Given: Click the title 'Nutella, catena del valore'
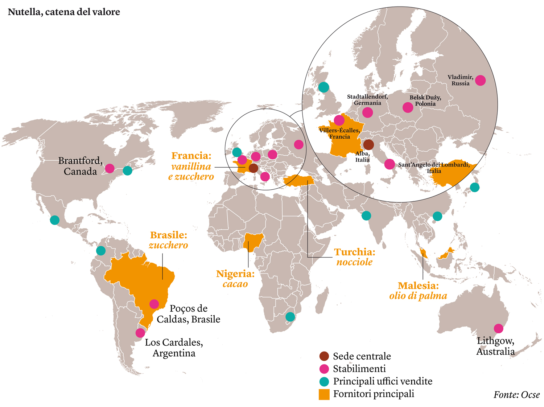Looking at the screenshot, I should (x=64, y=12).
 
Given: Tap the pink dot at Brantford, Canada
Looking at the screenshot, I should (x=110, y=168).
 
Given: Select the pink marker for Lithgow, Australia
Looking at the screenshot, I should (x=498, y=328).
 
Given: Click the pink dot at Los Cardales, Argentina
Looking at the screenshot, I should (x=140, y=333).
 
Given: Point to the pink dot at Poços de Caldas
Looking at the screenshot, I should (x=154, y=304).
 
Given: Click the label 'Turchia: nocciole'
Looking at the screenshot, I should (x=354, y=257).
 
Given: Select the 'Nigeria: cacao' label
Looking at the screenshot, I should (x=235, y=279).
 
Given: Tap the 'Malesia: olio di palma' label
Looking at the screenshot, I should (x=418, y=291).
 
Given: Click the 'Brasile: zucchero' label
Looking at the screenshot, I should (x=168, y=240).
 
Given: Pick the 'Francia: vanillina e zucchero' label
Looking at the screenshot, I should (x=191, y=166).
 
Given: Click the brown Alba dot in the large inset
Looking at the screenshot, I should (x=368, y=145).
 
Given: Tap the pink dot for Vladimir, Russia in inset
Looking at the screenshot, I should (x=480, y=80).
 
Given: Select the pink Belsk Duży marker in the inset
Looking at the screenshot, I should (x=408, y=107).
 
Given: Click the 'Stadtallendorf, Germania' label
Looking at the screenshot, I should (x=367, y=100).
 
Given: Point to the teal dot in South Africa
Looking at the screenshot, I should (x=290, y=317).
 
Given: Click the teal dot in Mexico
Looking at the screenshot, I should (x=55, y=220).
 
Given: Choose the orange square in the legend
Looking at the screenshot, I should (x=324, y=394).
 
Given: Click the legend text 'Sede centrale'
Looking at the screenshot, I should (x=362, y=356).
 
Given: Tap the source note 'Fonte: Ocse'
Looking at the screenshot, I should (x=516, y=395).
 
